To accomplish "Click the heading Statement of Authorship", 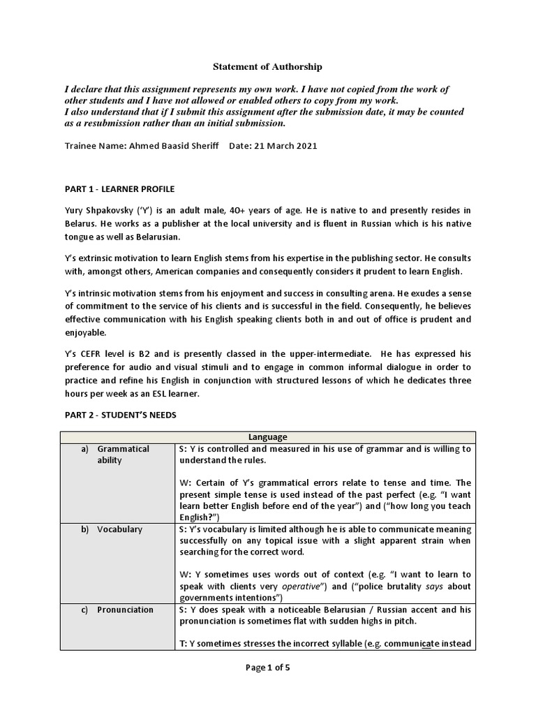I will (x=268, y=67).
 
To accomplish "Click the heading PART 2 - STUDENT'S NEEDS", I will (x=120, y=415).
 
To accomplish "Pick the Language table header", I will (x=267, y=437).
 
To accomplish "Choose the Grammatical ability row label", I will (x=124, y=455).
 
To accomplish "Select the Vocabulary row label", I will (x=119, y=529).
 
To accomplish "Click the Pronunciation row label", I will (x=125, y=610).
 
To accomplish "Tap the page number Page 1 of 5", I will (x=268, y=668).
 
